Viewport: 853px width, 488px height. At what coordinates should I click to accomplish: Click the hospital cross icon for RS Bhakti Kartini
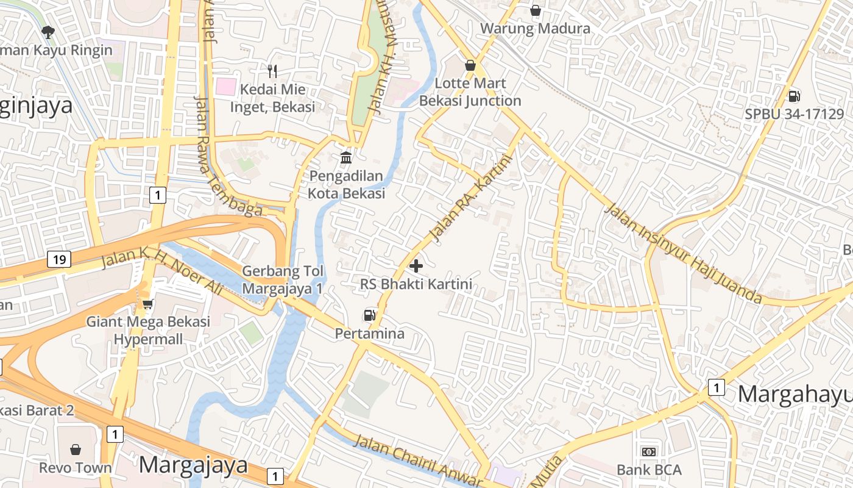point(416,266)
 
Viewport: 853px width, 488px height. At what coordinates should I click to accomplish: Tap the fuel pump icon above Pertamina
point(369,315)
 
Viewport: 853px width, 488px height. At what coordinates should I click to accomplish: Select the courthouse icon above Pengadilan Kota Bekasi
point(346,158)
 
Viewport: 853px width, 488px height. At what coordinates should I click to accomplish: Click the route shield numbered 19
point(59,259)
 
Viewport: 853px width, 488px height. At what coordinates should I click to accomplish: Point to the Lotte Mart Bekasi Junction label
point(470,91)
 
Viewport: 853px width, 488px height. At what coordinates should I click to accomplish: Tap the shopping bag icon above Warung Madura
point(536,10)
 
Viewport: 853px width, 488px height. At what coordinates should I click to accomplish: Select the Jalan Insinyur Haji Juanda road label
point(683,254)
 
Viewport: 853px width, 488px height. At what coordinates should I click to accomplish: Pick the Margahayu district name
point(795,394)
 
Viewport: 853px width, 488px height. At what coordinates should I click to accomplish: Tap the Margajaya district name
point(193,465)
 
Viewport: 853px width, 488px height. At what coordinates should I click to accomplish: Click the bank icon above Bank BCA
point(649,452)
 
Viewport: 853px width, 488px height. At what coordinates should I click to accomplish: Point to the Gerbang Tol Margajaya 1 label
point(282,279)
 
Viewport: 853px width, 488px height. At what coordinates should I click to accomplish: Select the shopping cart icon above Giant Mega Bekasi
point(147,303)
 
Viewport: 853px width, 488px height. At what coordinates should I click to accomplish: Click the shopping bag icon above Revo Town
point(76,450)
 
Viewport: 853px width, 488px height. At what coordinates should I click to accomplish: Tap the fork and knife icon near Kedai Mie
point(272,71)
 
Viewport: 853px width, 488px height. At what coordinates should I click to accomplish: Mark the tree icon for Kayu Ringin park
point(48,32)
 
